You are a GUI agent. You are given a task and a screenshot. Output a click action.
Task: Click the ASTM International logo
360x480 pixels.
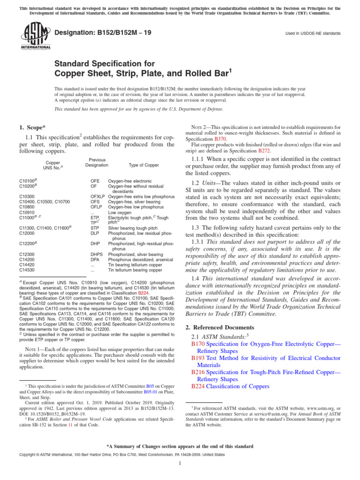(35, 37)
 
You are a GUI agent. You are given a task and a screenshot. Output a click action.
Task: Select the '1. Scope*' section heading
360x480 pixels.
(33, 127)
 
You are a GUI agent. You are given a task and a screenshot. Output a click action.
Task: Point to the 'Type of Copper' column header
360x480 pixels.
(143, 165)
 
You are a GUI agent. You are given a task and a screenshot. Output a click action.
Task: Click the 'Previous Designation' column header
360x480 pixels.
(97, 163)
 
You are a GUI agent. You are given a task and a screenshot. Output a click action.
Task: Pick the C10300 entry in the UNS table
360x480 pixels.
(27, 196)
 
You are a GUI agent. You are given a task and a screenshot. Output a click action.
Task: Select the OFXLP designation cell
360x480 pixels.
(97, 196)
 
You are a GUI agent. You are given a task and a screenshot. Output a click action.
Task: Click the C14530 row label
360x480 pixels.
(27, 270)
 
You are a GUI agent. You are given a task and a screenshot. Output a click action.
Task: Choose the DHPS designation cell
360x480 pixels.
(97, 254)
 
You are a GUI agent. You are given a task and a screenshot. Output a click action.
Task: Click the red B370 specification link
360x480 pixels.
(220, 139)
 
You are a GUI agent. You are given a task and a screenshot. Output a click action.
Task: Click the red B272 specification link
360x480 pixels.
(264, 151)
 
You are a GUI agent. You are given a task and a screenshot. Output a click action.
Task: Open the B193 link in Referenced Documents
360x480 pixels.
(198, 358)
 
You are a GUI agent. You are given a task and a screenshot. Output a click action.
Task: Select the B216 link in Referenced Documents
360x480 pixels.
(198, 372)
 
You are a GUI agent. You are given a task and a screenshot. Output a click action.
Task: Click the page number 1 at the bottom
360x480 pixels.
(180, 464)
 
